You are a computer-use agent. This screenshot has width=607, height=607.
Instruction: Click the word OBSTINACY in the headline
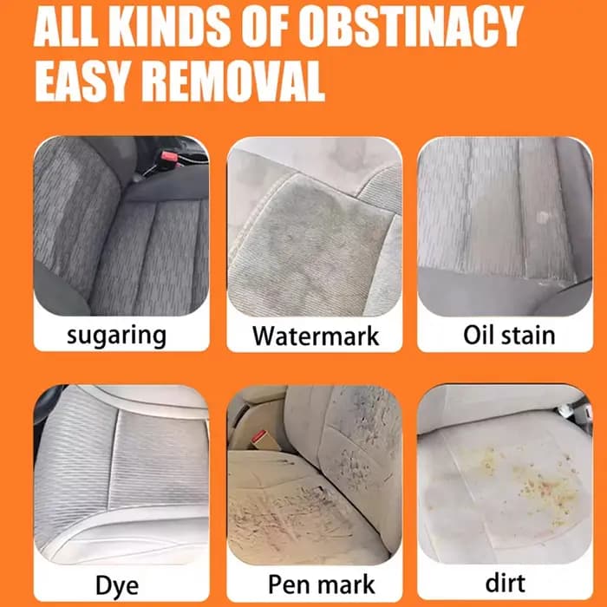tap(411, 26)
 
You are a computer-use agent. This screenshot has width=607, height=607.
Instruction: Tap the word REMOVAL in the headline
tap(233, 81)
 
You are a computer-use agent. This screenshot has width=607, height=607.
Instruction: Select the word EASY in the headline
tap(82, 81)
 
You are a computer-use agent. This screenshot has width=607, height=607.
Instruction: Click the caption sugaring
tap(116, 336)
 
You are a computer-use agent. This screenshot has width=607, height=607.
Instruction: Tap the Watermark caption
tap(316, 336)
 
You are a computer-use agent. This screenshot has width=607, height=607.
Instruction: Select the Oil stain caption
tap(509, 336)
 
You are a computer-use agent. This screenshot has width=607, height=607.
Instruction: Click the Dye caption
tap(117, 586)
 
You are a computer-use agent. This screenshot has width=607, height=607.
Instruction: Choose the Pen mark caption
tap(322, 584)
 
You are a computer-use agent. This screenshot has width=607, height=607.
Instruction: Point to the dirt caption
tap(506, 583)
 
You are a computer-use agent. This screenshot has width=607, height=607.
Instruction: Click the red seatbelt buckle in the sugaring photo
tap(170, 157)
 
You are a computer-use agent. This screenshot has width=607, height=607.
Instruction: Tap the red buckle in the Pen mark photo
tap(258, 437)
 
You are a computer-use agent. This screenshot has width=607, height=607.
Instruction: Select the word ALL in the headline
tap(66, 26)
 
